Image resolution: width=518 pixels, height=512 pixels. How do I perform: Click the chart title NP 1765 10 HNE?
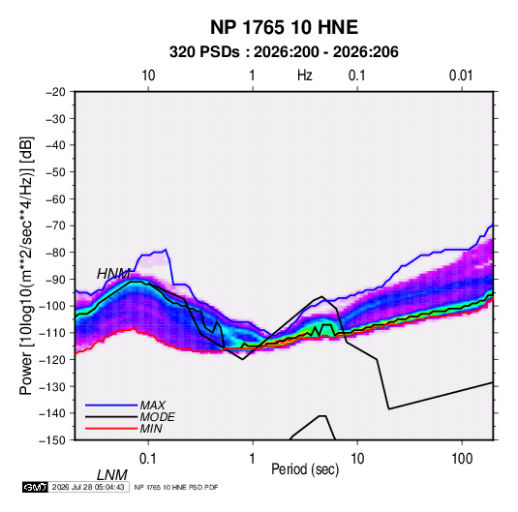click(284, 27)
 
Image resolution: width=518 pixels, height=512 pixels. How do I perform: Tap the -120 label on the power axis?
click(52, 360)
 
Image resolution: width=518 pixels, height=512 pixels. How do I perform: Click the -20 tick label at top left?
click(55, 92)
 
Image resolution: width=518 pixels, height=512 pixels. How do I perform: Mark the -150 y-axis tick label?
click(52, 440)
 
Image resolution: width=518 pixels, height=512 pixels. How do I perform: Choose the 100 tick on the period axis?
click(462, 459)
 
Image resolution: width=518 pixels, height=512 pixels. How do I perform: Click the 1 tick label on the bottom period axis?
click(253, 459)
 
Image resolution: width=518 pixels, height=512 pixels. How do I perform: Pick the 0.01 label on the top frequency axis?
click(461, 75)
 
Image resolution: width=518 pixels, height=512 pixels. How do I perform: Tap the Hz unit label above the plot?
click(304, 75)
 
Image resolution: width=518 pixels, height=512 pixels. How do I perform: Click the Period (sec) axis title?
click(305, 469)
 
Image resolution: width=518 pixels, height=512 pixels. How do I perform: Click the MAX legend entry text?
click(152, 406)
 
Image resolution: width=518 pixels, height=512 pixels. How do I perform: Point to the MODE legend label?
click(157, 417)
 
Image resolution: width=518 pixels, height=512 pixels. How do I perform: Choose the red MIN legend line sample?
click(111, 429)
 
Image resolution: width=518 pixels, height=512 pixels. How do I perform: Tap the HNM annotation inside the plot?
click(113, 274)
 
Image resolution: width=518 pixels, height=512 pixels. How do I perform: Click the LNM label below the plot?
click(112, 475)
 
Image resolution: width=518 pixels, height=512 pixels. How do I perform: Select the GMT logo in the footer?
click(35, 487)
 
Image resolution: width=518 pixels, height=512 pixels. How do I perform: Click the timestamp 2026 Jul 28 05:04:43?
click(88, 487)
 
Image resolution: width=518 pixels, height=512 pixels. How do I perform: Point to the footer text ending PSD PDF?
click(176, 487)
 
